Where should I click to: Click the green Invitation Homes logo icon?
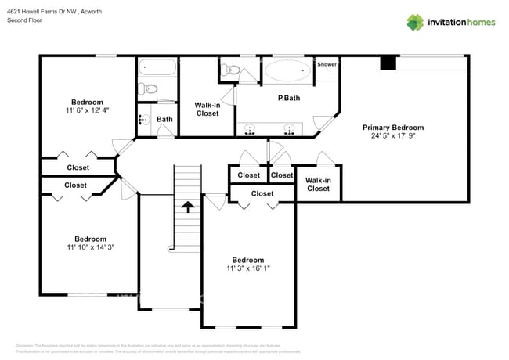414,22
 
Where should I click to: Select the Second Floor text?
23,20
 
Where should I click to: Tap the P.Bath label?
290,99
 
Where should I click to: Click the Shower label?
327,64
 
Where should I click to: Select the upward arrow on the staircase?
187,207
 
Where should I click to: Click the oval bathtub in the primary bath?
287,71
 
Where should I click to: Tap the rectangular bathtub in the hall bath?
158,67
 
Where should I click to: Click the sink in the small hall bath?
143,120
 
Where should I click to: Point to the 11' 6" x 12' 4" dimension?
87,111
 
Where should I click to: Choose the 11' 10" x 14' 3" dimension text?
90,248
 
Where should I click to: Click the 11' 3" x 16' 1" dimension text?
247,268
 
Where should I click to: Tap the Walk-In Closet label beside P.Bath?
207,109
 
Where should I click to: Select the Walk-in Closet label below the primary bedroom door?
318,184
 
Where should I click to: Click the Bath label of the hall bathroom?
164,120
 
